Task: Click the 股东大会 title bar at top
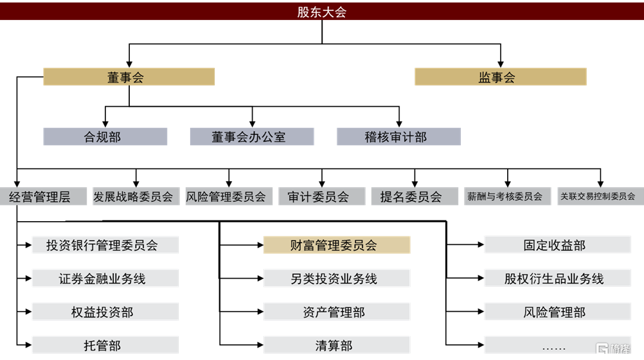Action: point(321,12)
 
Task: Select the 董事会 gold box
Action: point(129,77)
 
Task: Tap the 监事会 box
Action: point(500,77)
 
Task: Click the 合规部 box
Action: point(105,136)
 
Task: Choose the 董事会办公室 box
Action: point(251,136)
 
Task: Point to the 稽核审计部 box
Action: point(398,136)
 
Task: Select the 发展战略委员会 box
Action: point(133,197)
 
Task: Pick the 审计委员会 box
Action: point(321,197)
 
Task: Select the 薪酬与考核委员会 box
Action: point(507,197)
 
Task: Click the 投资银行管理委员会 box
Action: point(105,245)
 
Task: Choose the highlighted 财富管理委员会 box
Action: point(337,245)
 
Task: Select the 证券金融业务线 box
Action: point(105,278)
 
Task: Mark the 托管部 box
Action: point(105,345)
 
